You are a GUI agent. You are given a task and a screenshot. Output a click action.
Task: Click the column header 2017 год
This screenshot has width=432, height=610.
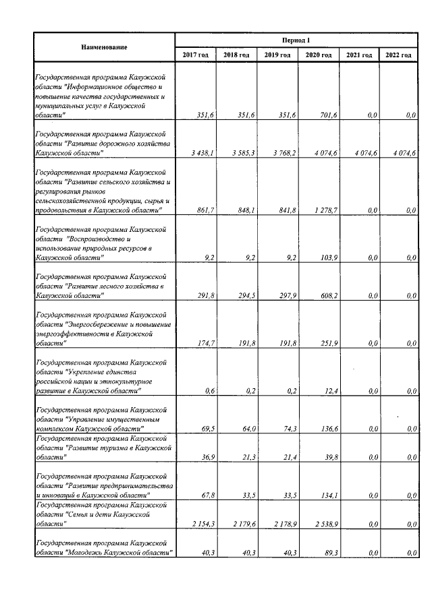[x=195, y=55]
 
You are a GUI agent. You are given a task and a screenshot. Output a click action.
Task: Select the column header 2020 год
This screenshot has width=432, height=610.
[x=317, y=55]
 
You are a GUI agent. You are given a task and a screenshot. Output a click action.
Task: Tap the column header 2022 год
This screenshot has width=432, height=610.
[x=398, y=55]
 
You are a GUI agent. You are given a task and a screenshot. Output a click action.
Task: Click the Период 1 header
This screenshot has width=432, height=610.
[x=296, y=40]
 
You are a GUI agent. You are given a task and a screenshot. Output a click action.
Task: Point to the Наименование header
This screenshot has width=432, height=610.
[x=104, y=47]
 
